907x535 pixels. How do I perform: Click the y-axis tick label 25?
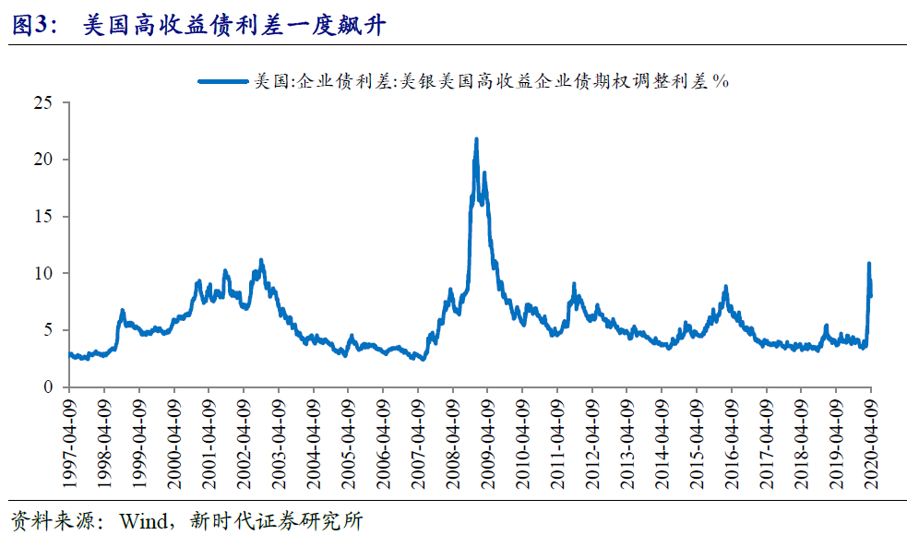(x=45, y=102)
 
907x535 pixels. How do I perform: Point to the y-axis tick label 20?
(x=45, y=160)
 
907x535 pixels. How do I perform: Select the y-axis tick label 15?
(x=45, y=217)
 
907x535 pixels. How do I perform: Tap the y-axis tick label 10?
(x=45, y=274)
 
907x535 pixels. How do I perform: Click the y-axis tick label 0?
(x=50, y=387)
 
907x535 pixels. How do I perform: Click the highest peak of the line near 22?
(x=476, y=139)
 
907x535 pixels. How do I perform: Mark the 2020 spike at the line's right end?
(x=868, y=265)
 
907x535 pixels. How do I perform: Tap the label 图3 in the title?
(x=29, y=26)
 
